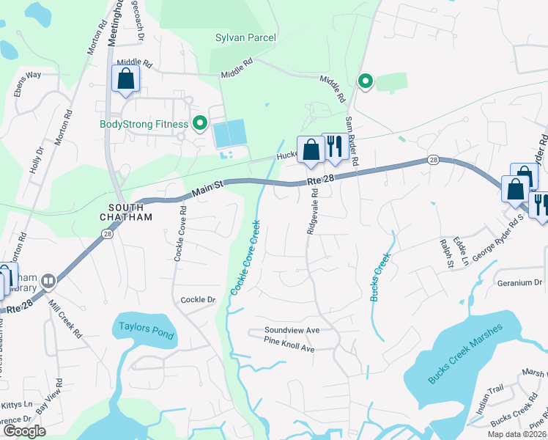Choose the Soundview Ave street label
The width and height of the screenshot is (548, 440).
(x=292, y=331)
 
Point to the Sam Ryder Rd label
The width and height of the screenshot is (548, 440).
(x=352, y=139)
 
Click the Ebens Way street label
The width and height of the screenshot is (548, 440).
(x=44, y=75)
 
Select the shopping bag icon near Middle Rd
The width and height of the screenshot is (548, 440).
(x=125, y=78)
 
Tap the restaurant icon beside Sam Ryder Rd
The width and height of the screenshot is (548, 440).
(x=333, y=146)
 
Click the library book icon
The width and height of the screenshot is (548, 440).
(x=48, y=281)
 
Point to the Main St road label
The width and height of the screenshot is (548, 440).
(x=207, y=192)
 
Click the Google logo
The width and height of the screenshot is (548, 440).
(x=24, y=431)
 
